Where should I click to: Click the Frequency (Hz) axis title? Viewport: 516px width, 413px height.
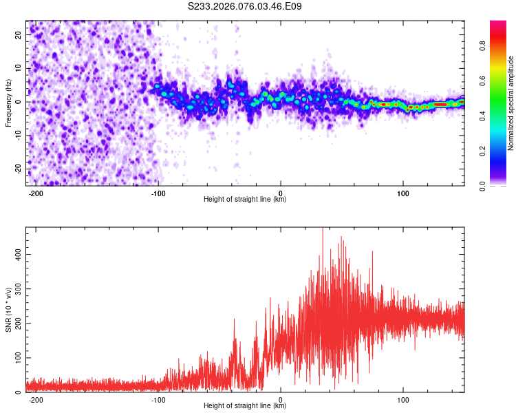tap(8, 103)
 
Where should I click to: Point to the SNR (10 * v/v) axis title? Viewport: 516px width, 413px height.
tap(8, 309)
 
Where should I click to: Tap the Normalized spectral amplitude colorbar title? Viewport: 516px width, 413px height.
tap(510, 104)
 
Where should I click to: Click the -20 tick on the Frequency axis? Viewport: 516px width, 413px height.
tap(18, 169)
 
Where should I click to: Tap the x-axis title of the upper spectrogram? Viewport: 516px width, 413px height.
tap(245, 200)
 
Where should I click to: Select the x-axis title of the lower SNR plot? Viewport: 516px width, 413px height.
tap(245, 406)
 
